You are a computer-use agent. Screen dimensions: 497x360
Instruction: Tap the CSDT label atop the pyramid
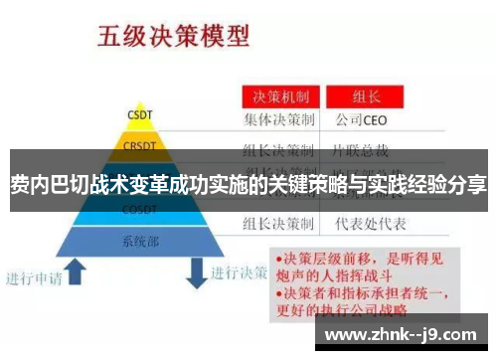pos(139,112)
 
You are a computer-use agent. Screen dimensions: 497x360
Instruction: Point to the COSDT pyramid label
pos(138,209)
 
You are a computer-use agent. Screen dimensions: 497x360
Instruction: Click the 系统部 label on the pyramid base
pos(139,241)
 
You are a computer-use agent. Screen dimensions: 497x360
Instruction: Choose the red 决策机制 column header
pos(278,98)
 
